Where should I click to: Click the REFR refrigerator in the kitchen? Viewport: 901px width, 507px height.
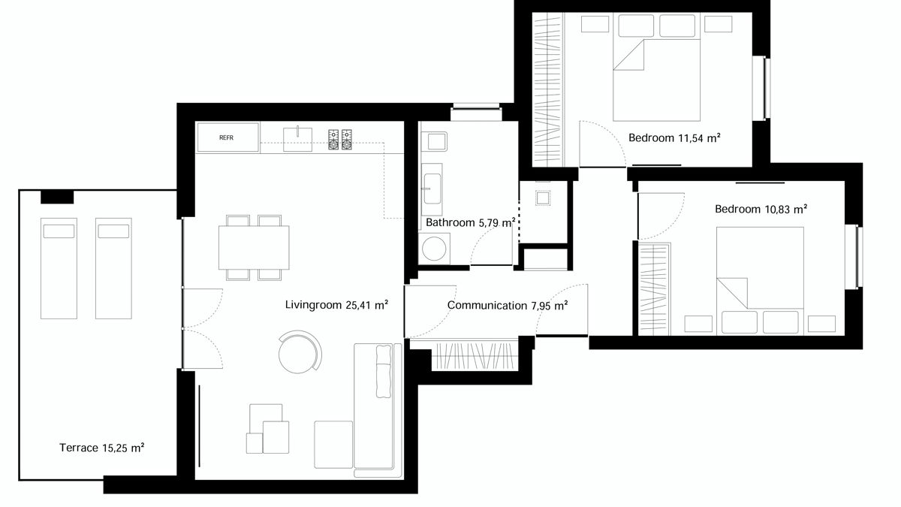tap(228, 137)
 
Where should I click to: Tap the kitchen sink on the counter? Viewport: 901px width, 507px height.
tap(297, 139)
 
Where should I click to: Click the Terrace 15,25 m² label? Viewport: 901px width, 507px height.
tap(102, 448)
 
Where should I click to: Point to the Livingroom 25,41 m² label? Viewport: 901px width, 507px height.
tap(336, 305)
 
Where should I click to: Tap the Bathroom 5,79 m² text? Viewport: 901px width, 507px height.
tap(471, 222)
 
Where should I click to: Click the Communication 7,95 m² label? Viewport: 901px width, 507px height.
tap(508, 306)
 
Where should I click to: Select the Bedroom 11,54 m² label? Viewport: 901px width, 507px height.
tap(674, 138)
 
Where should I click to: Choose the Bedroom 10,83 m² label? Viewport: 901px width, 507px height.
tap(761, 210)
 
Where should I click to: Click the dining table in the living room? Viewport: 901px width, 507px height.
tap(254, 247)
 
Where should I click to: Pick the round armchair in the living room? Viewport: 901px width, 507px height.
tap(300, 352)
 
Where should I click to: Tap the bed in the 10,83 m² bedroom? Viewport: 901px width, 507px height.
tap(760, 281)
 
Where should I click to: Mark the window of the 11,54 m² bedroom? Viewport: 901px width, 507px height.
tap(761, 88)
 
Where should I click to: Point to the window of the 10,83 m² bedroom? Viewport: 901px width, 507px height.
tap(854, 257)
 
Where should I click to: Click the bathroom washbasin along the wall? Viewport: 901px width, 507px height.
tap(432, 189)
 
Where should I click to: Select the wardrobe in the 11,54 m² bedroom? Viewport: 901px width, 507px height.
tap(548, 89)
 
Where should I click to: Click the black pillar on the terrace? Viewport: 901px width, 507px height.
tap(57, 197)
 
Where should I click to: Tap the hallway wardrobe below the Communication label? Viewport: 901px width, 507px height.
tap(475, 357)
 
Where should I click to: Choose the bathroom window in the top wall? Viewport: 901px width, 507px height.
tap(476, 107)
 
